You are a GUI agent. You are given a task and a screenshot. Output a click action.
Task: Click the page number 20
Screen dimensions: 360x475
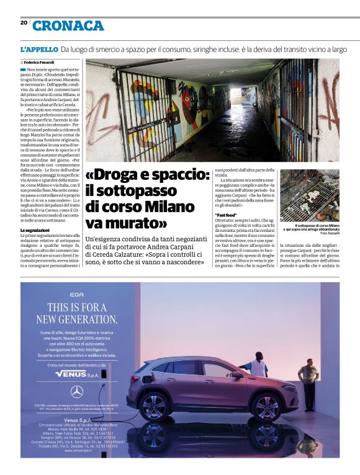click(24, 22)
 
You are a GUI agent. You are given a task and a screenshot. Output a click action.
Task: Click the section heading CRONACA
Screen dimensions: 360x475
click(68, 25)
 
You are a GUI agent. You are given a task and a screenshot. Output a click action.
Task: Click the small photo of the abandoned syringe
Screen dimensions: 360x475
click(309, 196)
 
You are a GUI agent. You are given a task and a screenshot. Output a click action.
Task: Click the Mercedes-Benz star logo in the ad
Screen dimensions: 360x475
click(77, 391)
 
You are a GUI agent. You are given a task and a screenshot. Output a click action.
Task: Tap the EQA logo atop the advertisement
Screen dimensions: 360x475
click(77, 294)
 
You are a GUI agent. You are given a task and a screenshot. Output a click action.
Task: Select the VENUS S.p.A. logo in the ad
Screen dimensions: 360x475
click(77, 374)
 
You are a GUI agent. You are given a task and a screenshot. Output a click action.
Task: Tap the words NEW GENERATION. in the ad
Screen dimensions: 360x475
click(77, 319)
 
